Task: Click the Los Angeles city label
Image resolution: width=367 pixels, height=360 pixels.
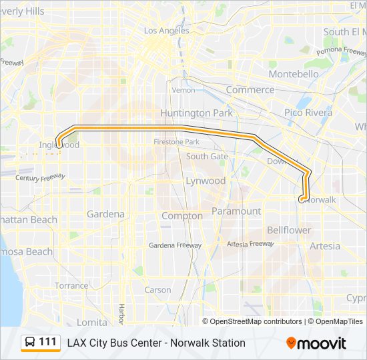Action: (x=166, y=31)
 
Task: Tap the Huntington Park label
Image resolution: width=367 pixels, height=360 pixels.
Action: (x=196, y=113)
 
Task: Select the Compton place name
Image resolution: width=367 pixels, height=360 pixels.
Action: (x=182, y=216)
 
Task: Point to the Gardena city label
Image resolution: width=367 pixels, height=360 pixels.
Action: (x=105, y=215)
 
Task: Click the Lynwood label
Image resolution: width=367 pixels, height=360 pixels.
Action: (x=206, y=181)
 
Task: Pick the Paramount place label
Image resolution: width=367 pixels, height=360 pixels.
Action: (x=236, y=211)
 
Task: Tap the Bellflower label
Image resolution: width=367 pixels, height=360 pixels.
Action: (x=289, y=230)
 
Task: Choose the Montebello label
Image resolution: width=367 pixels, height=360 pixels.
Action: (x=294, y=74)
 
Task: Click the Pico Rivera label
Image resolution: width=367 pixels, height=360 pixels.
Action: (x=308, y=113)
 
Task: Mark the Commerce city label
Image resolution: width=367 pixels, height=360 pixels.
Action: (x=250, y=89)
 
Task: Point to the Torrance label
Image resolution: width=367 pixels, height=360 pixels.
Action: (x=71, y=285)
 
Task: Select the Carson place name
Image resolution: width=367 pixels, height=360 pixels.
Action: (x=157, y=290)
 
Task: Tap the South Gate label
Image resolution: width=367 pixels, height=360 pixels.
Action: (x=207, y=156)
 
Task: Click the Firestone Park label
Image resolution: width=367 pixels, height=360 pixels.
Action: (x=176, y=142)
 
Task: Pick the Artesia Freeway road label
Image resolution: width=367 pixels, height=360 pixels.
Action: (x=250, y=244)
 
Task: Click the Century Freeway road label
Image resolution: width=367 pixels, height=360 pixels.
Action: (x=41, y=177)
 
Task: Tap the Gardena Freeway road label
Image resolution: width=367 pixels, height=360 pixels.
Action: (x=175, y=245)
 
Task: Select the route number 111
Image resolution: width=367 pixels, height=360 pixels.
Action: (x=48, y=342)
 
